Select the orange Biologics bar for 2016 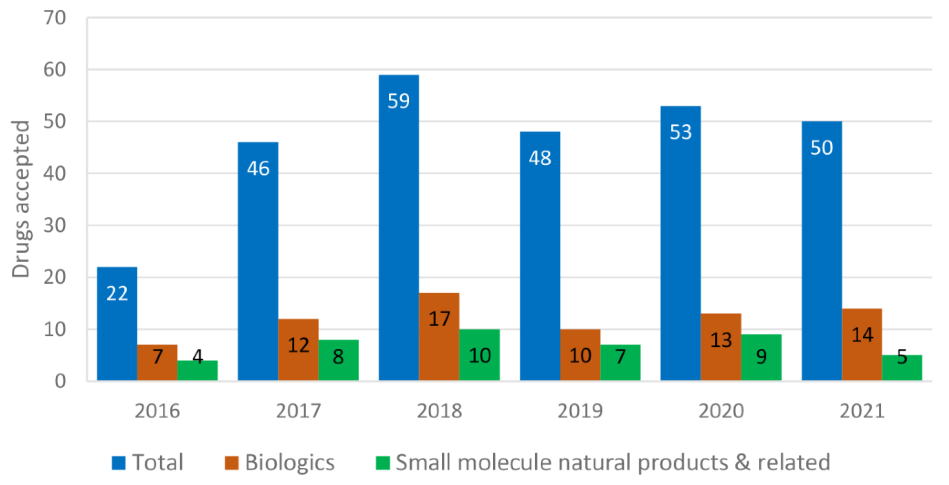click(x=157, y=363)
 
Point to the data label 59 click(x=399, y=101)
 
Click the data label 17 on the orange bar click(x=439, y=319)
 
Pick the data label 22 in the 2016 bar click(x=117, y=294)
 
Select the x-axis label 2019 click(x=580, y=411)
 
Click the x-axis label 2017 click(x=298, y=411)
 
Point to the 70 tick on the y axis click(x=54, y=18)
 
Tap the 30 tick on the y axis click(x=54, y=225)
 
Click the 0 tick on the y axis click(x=60, y=381)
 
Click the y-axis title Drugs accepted click(x=21, y=199)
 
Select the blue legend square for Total click(x=119, y=463)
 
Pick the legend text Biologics click(x=289, y=463)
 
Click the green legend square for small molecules click(x=383, y=463)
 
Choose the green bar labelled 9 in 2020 click(x=761, y=358)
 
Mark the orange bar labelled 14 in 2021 click(x=862, y=345)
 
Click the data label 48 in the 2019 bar click(x=540, y=159)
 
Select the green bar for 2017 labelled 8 click(x=338, y=360)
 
